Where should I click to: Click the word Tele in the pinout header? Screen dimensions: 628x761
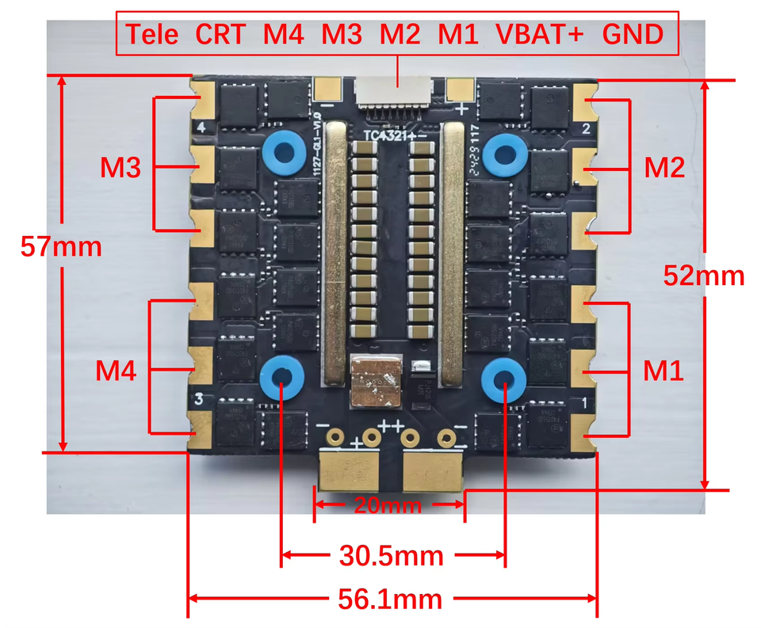pos(153,34)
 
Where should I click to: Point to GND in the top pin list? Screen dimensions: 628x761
pos(632,34)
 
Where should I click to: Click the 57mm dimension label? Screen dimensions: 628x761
pos(61,246)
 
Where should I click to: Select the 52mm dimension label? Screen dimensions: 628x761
pos(704,276)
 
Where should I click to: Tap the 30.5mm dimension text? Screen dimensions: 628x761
pos(391,555)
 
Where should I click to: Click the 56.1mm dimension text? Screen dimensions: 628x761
pos(391,599)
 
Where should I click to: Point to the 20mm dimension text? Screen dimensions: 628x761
pos(388,504)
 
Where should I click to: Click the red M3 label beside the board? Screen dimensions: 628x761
pos(120,167)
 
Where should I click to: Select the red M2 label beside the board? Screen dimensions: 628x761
pos(664,167)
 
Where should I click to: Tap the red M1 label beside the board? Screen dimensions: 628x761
pos(663,369)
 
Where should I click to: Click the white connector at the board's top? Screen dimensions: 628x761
pos(395,95)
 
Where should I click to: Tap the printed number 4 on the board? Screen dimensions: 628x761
pos(201,128)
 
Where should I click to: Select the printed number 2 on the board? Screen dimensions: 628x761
pos(585,128)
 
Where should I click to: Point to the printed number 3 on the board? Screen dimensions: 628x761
pos(200,400)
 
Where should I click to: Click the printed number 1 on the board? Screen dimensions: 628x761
pos(584,403)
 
